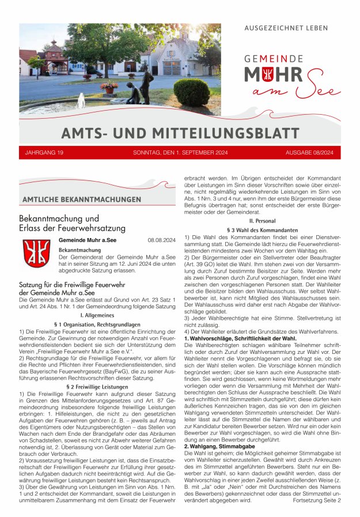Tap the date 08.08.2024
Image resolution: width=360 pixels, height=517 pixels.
[161, 240]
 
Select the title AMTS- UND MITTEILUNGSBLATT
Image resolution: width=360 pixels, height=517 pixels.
[180, 134]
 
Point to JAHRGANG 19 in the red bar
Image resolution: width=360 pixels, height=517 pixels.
[44, 153]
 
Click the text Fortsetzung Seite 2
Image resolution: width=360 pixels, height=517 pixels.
[317, 501]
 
